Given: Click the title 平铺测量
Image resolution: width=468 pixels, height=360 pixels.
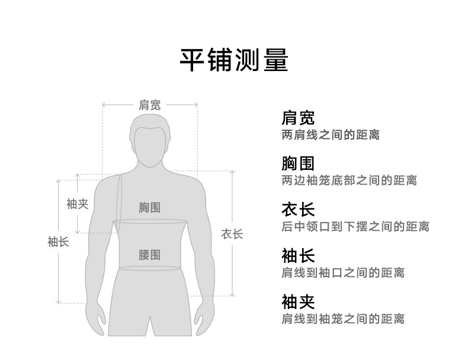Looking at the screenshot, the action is (234, 60).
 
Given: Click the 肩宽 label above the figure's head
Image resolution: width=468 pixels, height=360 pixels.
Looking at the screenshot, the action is (149, 105).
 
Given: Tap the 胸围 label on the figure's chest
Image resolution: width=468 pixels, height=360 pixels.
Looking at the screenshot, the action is (149, 208).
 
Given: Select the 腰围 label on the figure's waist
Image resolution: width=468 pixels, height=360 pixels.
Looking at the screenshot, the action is (149, 255).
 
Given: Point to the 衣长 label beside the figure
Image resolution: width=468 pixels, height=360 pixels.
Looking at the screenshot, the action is (232, 234).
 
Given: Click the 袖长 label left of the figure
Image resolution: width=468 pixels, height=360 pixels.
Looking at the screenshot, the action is (58, 242).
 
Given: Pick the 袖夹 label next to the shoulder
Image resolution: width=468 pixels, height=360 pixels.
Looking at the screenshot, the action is (77, 204).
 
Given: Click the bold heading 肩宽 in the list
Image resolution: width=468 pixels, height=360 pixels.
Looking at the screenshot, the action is (298, 117).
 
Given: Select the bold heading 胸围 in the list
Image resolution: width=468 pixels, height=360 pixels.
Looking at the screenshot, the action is (298, 163).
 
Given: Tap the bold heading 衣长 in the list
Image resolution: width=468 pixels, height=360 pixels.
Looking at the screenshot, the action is (298, 210).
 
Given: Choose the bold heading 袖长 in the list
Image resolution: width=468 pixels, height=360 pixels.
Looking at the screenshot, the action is (298, 256).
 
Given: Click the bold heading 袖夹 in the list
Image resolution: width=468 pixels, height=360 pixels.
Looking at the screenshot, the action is (298, 302).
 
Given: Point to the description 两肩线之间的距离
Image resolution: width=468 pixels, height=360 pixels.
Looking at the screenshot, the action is (331, 135).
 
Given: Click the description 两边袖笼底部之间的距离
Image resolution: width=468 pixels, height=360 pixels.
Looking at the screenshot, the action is (349, 181).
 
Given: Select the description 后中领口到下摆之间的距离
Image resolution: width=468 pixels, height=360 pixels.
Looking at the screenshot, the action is (355, 226).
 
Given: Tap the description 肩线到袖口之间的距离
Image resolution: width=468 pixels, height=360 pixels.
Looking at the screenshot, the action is (343, 272).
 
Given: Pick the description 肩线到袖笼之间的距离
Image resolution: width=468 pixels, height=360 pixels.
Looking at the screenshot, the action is (343, 319).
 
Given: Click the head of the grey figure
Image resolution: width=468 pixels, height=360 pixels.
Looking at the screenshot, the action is (150, 141).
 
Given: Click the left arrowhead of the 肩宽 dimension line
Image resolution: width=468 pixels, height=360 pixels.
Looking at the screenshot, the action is (103, 105).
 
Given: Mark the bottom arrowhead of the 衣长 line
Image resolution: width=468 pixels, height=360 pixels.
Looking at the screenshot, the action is (232, 295).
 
